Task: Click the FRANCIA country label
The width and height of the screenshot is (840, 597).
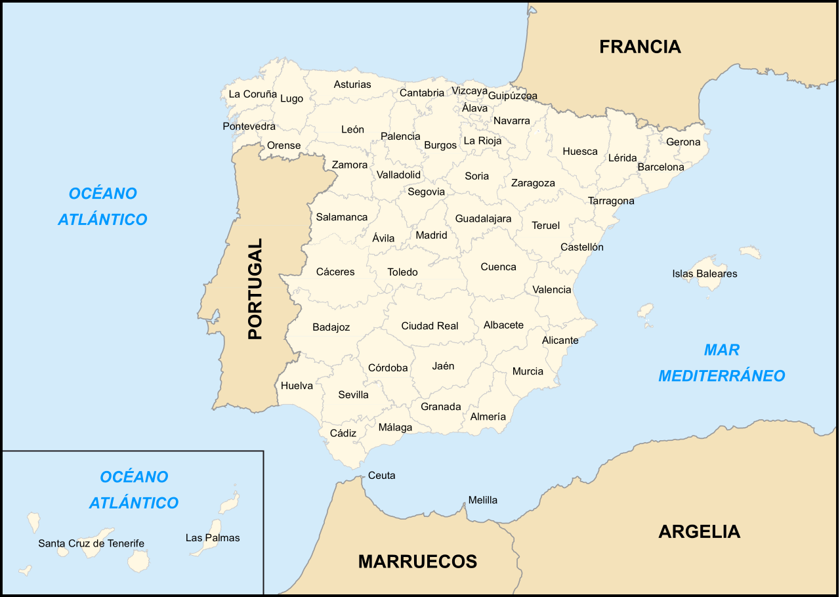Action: point(640,47)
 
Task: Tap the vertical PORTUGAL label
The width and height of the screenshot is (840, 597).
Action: point(255,289)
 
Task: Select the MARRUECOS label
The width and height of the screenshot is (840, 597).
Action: point(417,562)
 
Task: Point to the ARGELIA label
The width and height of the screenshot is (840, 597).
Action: point(699,531)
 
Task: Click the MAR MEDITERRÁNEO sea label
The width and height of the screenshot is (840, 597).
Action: point(721,363)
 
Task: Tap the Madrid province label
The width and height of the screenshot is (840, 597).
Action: point(431,236)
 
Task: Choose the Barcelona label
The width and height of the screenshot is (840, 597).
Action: point(660,167)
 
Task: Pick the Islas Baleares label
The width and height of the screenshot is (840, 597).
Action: point(704,274)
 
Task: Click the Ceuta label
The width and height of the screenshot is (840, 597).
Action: point(381,475)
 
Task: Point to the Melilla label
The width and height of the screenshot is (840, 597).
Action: point(482,500)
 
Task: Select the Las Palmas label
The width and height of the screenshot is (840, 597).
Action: point(213,538)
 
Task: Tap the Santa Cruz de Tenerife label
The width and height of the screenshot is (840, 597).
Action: point(91,543)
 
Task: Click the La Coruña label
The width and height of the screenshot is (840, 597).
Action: point(253,94)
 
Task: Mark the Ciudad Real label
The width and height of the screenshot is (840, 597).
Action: point(430,326)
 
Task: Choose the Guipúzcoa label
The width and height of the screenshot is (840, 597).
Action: point(513,96)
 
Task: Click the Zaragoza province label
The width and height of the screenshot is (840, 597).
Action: point(533,183)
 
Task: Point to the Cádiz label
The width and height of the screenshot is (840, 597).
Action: point(343,433)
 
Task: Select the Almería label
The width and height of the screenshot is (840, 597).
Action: point(488,417)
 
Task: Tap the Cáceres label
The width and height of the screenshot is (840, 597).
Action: point(335,272)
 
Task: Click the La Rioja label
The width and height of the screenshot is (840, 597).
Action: point(482,140)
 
